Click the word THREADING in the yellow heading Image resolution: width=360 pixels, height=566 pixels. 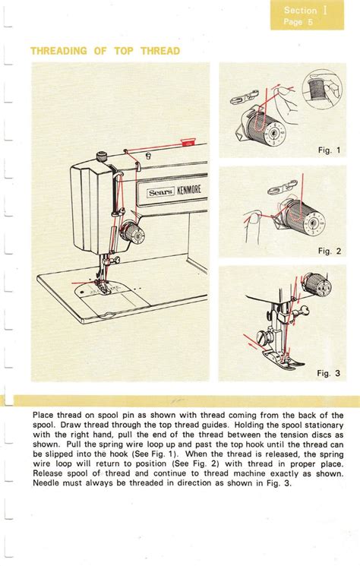pyautogui.click(x=58, y=51)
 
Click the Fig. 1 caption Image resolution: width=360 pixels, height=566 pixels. pyautogui.click(x=329, y=150)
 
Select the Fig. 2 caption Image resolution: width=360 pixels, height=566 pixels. pyautogui.click(x=330, y=251)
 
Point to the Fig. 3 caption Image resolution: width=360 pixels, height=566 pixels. pyautogui.click(x=329, y=373)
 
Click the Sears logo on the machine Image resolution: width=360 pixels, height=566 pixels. pyautogui.click(x=161, y=192)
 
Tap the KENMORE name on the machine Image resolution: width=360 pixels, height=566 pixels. pyautogui.click(x=188, y=189)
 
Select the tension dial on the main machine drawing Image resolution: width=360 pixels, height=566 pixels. pyautogui.click(x=132, y=232)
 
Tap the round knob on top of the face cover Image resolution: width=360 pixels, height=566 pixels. pyautogui.click(x=103, y=157)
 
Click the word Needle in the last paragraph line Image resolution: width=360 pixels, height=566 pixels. pyautogui.click(x=46, y=483)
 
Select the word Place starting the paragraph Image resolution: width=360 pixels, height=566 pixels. pyautogui.click(x=43, y=415)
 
